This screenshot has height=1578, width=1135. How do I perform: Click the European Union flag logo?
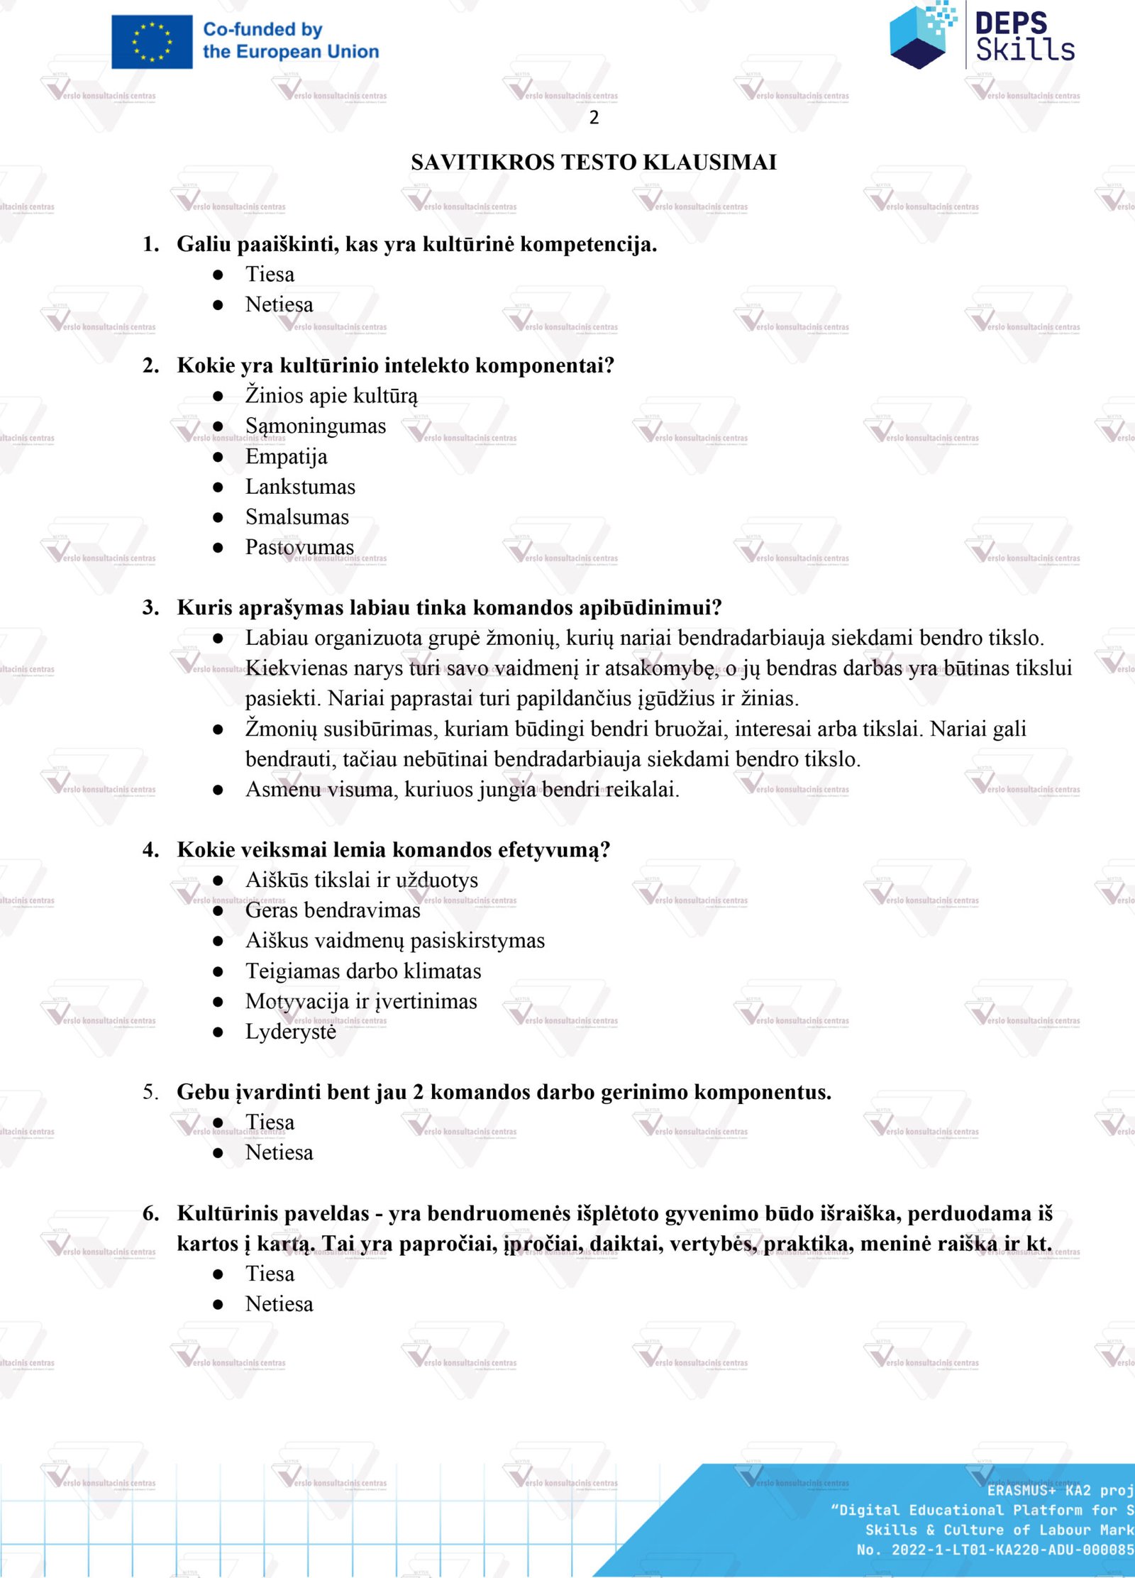tap(152, 42)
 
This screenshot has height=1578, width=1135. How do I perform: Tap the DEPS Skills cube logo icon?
tap(921, 35)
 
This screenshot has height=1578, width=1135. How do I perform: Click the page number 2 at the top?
tap(594, 118)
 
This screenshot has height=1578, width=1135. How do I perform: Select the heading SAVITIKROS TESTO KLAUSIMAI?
tap(593, 162)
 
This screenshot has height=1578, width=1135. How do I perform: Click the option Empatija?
tap(286, 456)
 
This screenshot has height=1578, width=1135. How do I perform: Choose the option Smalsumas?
tap(297, 517)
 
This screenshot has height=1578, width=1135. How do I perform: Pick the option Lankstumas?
tap(300, 487)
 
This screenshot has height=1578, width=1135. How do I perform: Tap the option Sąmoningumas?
tap(315, 426)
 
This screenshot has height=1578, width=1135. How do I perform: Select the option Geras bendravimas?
tap(332, 910)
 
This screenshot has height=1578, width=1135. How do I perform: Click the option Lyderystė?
tap(290, 1032)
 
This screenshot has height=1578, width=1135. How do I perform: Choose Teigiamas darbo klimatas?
tap(362, 971)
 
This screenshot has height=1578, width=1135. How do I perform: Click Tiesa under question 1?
tap(270, 275)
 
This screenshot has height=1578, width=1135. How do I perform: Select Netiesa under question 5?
tap(279, 1152)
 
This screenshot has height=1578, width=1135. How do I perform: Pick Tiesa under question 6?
tap(270, 1274)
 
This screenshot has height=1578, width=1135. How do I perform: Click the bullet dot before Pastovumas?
tap(218, 548)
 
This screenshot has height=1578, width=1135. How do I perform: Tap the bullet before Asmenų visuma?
tap(218, 790)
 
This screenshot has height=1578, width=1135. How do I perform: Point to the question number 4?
tap(150, 850)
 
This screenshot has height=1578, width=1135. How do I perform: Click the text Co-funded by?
tap(262, 30)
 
